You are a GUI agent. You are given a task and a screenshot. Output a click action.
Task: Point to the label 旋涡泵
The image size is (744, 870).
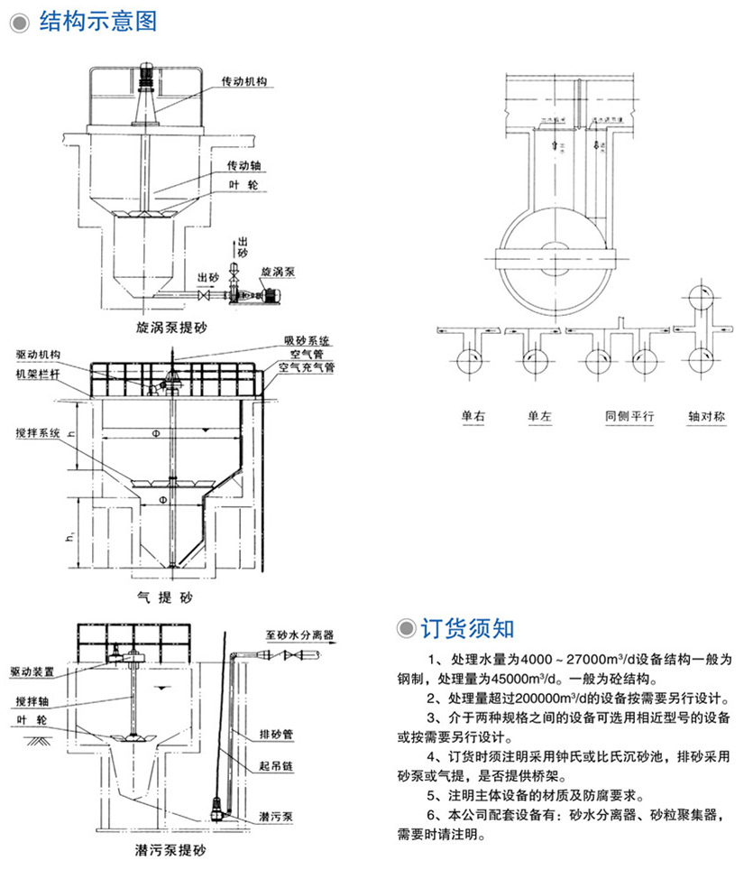pyautogui.click(x=277, y=270)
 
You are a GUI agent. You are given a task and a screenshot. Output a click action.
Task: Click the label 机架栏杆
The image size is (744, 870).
pyautogui.click(x=39, y=373)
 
